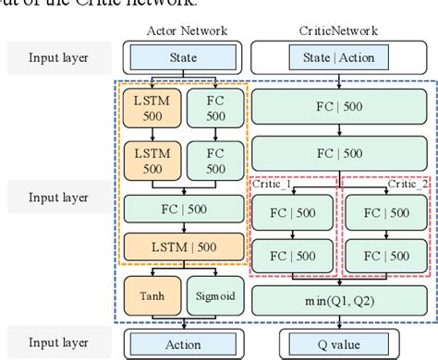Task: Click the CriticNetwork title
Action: pyautogui.click(x=339, y=30)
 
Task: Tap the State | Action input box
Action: pyautogui.click(x=339, y=56)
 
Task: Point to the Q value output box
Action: pyautogui.click(x=339, y=342)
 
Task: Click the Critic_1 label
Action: pyautogui.click(x=272, y=186)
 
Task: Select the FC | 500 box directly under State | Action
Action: pyautogui.click(x=339, y=104)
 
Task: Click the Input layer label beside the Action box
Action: pyautogui.click(x=59, y=342)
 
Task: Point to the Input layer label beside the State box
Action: pyautogui.click(x=59, y=56)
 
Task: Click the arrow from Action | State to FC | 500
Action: pyautogui.click(x=339, y=79)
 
